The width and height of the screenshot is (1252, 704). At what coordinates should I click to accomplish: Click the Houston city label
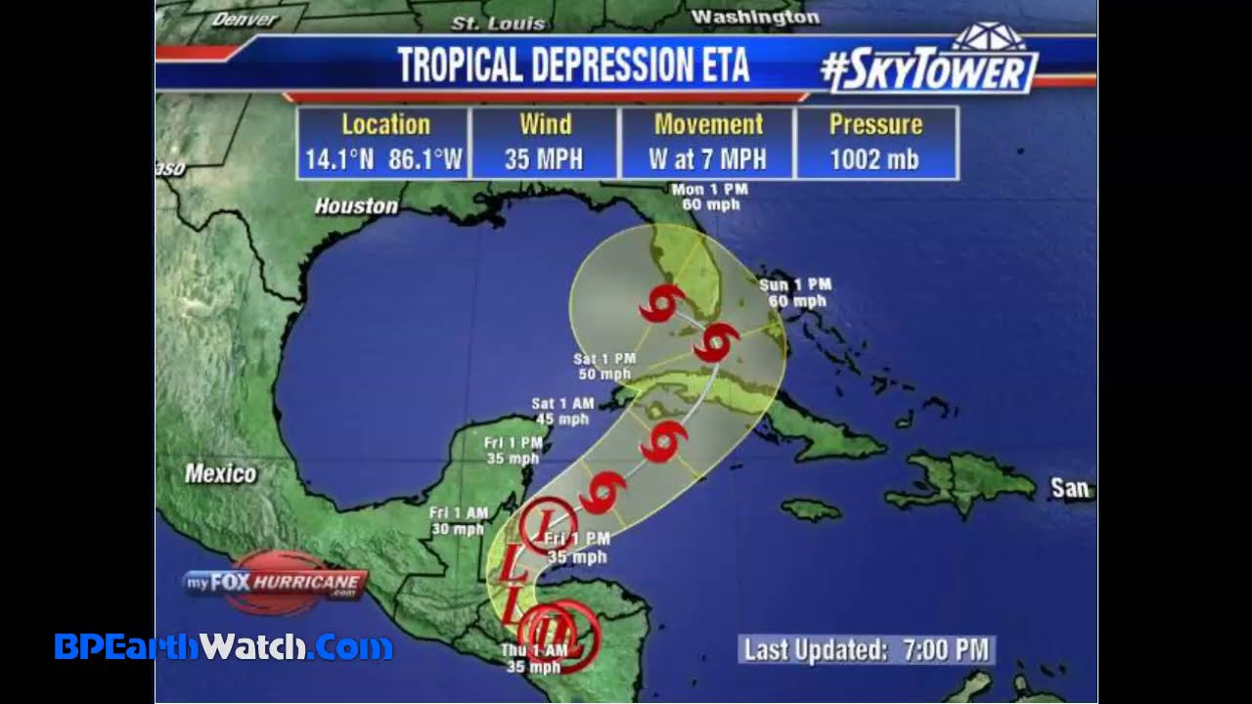356,206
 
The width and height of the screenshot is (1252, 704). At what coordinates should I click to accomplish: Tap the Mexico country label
220,474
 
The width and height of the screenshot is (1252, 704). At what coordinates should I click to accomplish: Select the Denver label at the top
245,19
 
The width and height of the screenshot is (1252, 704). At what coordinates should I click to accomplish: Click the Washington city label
754,17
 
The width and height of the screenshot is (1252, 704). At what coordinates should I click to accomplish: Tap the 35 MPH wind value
544,159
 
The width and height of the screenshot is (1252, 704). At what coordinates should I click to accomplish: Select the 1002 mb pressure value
874,159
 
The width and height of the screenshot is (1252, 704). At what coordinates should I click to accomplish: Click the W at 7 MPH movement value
707,159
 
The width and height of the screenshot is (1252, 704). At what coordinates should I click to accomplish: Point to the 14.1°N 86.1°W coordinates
383,159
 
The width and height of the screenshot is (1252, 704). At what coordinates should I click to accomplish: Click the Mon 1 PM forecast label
709,197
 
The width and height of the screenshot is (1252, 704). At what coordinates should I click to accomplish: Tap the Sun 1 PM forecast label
795,292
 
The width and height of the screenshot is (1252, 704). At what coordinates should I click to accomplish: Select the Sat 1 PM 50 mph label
603,367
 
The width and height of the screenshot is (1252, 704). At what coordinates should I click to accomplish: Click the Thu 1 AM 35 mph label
533,659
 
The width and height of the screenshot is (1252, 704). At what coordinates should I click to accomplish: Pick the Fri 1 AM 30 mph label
458,521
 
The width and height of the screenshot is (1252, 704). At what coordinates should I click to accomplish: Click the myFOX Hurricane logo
277,584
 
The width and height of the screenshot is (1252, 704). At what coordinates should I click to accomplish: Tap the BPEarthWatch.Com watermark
223,646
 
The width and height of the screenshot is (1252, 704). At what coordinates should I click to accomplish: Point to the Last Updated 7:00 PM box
866,650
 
